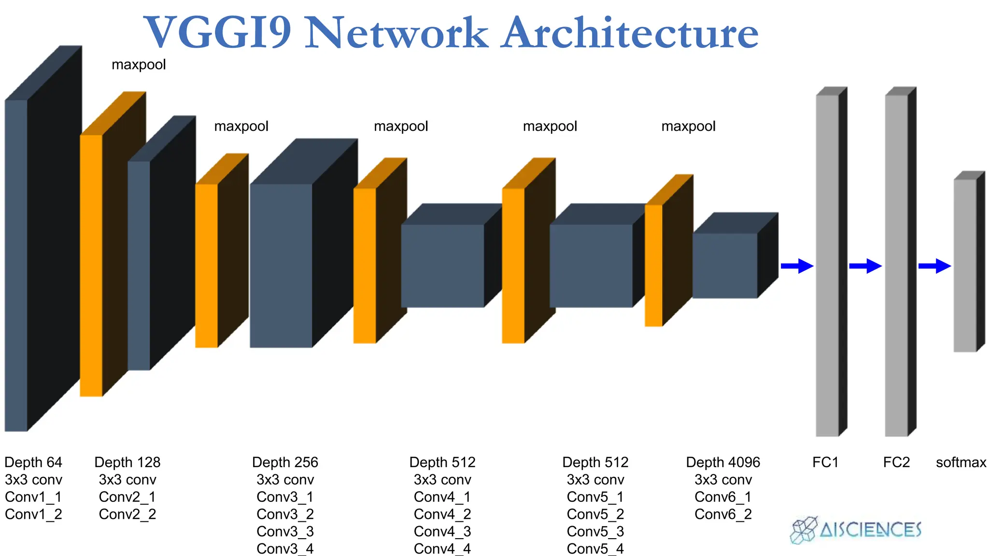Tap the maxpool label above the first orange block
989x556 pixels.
click(139, 65)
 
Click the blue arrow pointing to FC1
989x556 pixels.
click(797, 266)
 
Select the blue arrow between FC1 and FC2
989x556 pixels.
click(865, 266)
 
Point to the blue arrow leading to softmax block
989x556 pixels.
click(934, 266)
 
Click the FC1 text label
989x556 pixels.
click(825, 462)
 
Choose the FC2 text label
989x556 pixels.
click(896, 462)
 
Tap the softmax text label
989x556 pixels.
click(961, 462)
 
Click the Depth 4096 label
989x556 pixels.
click(723, 462)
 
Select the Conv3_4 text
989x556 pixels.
click(285, 549)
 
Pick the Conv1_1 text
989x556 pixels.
click(33, 497)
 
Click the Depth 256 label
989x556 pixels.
click(285, 462)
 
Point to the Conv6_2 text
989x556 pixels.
click(723, 514)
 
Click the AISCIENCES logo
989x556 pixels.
click(856, 530)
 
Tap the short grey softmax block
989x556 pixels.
click(965, 265)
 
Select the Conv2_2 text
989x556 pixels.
click(127, 514)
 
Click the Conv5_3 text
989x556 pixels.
click(595, 532)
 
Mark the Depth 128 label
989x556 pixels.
click(127, 462)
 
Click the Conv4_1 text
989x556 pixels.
click(442, 497)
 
